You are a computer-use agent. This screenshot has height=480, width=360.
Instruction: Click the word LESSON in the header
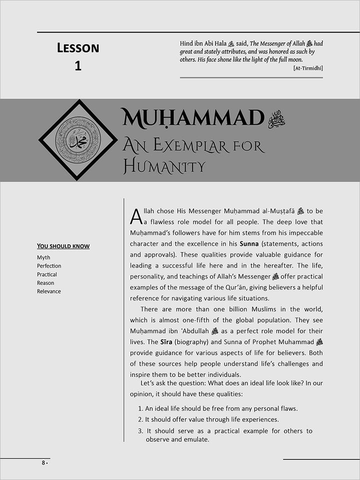point(78,48)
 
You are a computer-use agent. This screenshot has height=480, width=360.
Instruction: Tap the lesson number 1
point(78,66)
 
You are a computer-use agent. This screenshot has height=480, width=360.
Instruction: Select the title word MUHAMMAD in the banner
point(192,119)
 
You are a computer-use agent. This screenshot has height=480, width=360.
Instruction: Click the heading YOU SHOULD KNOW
point(63,246)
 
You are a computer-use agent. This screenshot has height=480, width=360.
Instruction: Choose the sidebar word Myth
point(43,258)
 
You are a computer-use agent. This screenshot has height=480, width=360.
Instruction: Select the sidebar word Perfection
point(49,266)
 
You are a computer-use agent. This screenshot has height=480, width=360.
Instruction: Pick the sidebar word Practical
point(47,275)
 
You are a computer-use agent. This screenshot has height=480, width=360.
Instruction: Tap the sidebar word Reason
point(45,283)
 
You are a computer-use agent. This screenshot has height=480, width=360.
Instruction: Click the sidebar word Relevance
point(49,291)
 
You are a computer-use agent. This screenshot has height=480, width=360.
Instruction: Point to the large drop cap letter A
point(135,217)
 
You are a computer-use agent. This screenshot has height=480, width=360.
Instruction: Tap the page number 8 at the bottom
point(43,463)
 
